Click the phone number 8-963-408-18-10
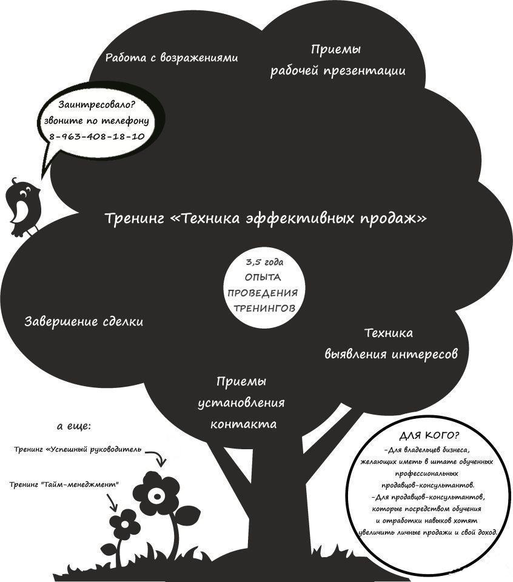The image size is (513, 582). pyautogui.click(x=96, y=136)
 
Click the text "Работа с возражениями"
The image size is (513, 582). pyautogui.click(x=171, y=58)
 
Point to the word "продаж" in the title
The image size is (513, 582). pyautogui.click(x=395, y=218)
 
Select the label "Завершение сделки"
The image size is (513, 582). pyautogui.click(x=84, y=322)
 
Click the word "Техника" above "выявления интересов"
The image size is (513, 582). pyautogui.click(x=389, y=333)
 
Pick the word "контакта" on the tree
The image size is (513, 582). pyautogui.click(x=244, y=424)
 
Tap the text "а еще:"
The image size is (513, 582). pyautogui.click(x=74, y=427)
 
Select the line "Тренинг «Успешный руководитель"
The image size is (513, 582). pyautogui.click(x=78, y=450)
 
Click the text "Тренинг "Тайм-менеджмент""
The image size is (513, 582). pyautogui.click(x=64, y=484)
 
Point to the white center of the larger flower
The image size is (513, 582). pyautogui.click(x=157, y=497)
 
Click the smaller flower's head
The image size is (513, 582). pyautogui.click(x=125, y=522)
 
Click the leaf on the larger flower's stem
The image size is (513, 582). pyautogui.click(x=187, y=515)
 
